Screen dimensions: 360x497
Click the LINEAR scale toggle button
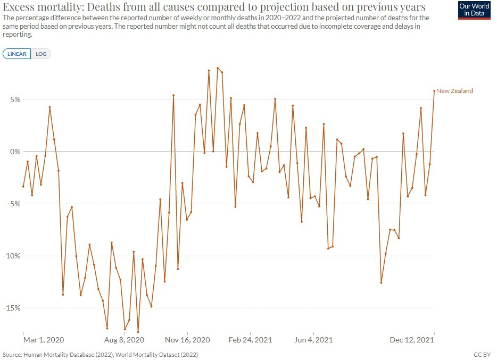click(x=18, y=54)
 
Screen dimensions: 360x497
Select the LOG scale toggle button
click(x=41, y=54)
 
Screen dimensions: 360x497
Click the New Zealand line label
click(x=454, y=91)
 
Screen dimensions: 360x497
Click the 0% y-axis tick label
click(x=14, y=152)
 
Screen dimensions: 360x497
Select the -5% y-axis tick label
click(x=13, y=204)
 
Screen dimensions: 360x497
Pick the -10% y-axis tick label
click(x=11, y=256)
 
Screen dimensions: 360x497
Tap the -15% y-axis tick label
click(x=11, y=308)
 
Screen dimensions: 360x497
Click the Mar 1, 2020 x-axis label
click(x=44, y=340)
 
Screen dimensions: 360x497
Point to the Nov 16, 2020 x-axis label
click(x=187, y=340)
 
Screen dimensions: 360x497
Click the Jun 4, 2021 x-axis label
click(x=313, y=340)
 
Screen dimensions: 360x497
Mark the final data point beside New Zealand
click(x=434, y=90)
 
